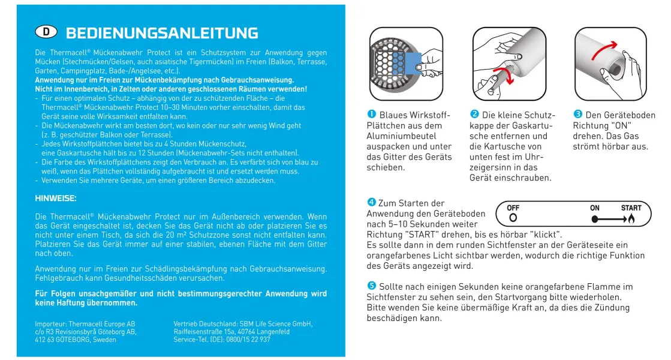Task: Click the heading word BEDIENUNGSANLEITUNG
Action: (x=162, y=33)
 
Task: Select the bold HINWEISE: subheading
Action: (x=56, y=197)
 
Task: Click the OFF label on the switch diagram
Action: (x=513, y=208)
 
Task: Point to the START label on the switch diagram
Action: (x=631, y=208)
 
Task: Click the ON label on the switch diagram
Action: (x=595, y=208)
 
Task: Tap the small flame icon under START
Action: (x=631, y=220)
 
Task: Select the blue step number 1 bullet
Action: (x=371, y=115)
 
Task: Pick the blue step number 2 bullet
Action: (x=474, y=115)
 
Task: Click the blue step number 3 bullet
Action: (x=578, y=115)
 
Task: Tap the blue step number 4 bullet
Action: (x=372, y=203)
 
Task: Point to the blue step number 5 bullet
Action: (x=372, y=286)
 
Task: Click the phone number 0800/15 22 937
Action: (x=246, y=339)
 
